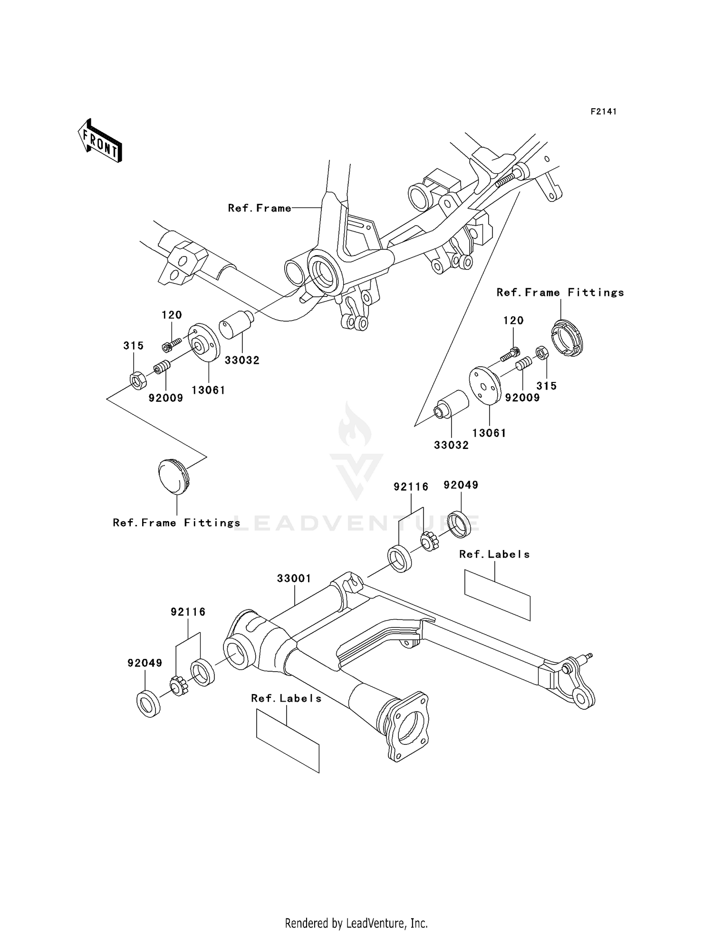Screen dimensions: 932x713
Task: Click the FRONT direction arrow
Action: coord(100,142)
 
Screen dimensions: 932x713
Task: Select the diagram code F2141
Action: coord(603,112)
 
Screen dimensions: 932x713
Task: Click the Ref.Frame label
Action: coord(260,208)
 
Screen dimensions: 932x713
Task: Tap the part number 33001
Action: coord(294,579)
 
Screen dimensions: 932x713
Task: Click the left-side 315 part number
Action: coord(133,346)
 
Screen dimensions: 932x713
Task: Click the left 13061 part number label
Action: coord(208,390)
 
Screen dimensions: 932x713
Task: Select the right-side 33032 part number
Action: coord(451,445)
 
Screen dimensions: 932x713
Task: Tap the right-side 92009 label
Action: coord(522,398)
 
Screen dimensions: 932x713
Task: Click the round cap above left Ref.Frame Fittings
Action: coord(173,476)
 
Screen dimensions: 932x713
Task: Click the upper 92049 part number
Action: coord(461,485)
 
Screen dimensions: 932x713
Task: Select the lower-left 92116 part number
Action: coord(188,612)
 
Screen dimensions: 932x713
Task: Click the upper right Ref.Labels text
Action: coord(494,554)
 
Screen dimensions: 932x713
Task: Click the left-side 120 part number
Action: coord(172,315)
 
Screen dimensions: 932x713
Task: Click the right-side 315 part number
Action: coord(546,386)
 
